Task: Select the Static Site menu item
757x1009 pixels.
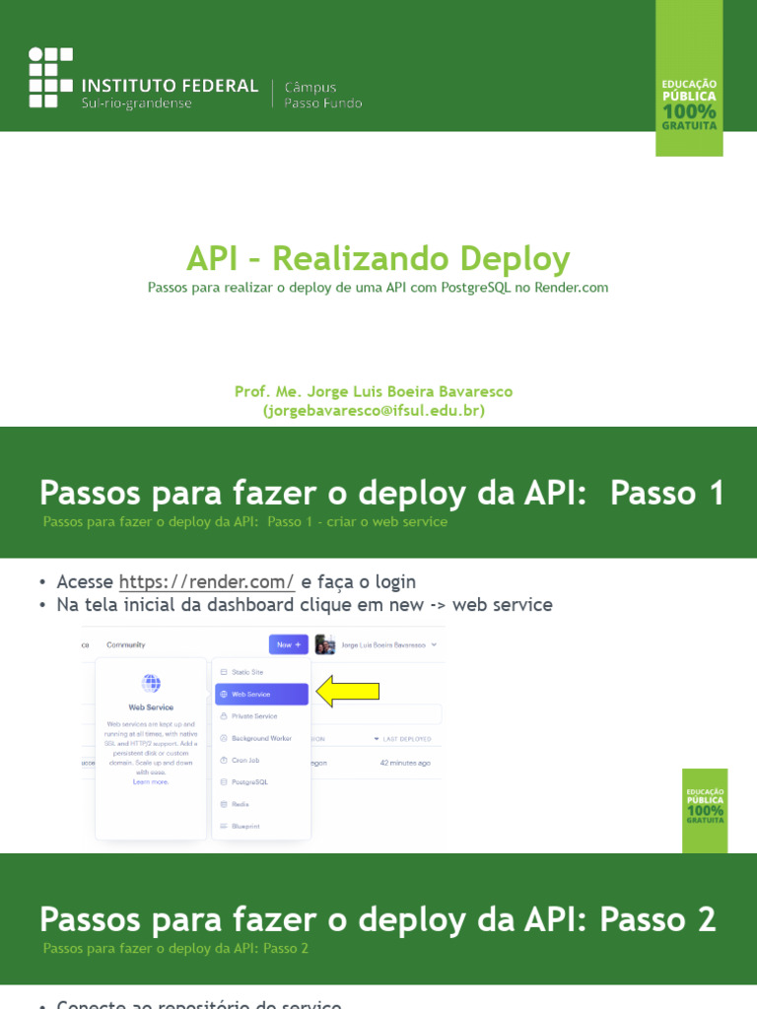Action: [247, 671]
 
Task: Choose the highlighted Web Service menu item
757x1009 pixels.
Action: [261, 694]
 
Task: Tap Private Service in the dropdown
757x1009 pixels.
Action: [254, 716]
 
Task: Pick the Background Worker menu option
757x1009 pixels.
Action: [261, 738]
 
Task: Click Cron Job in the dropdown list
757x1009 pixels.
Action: [245, 761]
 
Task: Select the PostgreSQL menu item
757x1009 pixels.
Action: [249, 782]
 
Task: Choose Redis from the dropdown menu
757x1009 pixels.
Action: [241, 804]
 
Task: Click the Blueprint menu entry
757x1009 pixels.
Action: [246, 826]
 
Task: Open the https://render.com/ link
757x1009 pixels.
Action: [207, 581]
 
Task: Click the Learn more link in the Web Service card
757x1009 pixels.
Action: [151, 781]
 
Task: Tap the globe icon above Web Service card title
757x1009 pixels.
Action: [151, 683]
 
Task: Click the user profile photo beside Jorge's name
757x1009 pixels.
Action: [325, 645]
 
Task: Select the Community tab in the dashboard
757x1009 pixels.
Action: [126, 645]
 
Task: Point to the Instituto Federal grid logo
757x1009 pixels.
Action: [50, 77]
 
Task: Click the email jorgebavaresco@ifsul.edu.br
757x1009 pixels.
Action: [374, 410]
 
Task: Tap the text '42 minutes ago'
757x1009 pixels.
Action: [405, 763]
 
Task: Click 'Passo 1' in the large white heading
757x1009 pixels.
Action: [667, 493]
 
